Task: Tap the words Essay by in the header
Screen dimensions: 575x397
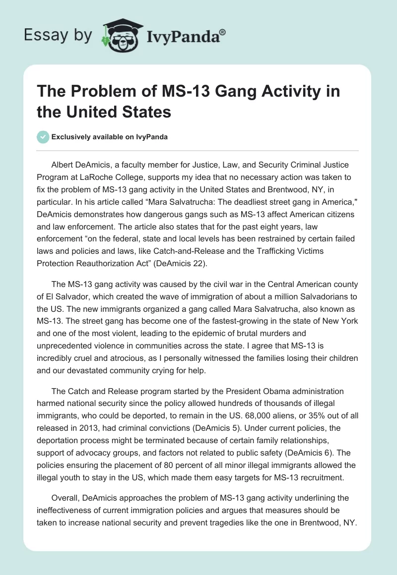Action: tap(59, 35)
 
